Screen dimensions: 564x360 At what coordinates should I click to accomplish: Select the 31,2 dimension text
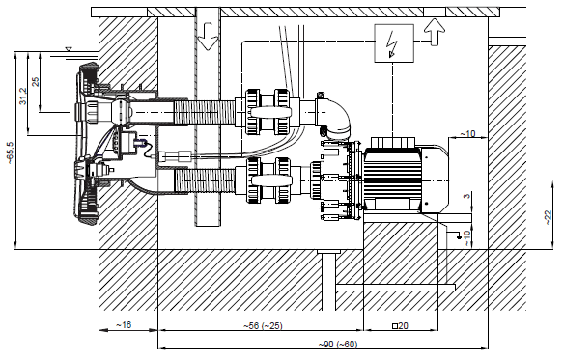click(x=23, y=96)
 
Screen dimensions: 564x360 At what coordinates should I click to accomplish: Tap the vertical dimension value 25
click(x=35, y=82)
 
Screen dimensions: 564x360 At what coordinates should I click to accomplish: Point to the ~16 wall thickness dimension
click(x=124, y=324)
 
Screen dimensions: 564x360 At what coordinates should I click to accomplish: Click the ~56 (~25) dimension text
click(x=263, y=326)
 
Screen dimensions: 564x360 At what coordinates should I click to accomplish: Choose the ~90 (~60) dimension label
click(x=338, y=345)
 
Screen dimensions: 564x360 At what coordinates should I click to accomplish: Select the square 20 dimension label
click(x=400, y=326)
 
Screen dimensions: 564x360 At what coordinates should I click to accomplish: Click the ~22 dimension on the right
click(x=548, y=217)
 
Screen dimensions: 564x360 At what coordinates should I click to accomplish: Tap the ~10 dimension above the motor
click(x=467, y=134)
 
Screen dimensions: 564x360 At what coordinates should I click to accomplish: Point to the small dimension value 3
click(x=466, y=196)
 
